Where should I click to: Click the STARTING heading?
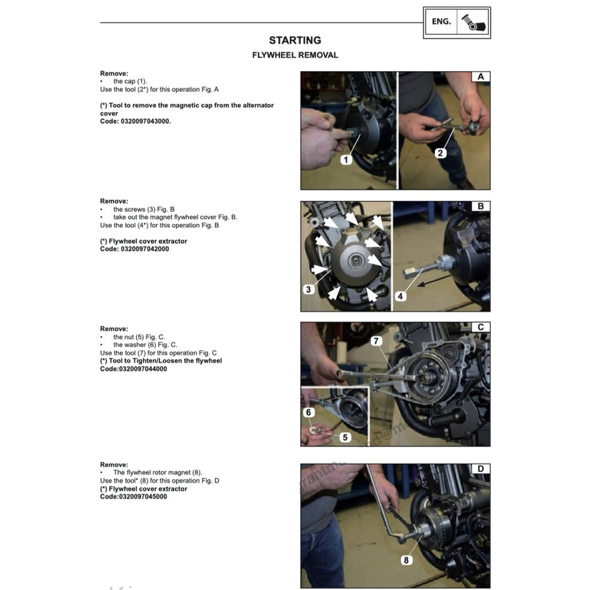point(294,41)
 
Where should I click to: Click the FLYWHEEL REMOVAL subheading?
point(294,55)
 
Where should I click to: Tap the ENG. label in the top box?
point(441,22)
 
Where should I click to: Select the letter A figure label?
point(480,77)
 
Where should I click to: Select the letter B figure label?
point(480,206)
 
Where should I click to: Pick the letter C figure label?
point(480,328)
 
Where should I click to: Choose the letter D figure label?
point(480,469)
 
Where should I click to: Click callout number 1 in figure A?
point(346,160)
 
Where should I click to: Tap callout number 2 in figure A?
point(441,153)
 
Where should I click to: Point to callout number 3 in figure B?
point(308,290)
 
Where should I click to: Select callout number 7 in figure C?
point(376,341)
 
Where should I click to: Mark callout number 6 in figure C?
point(308,413)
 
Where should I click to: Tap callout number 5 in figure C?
point(345,438)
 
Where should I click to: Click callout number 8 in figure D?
point(405,560)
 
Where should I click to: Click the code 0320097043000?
point(143,121)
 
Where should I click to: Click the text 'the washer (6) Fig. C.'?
point(145,345)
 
